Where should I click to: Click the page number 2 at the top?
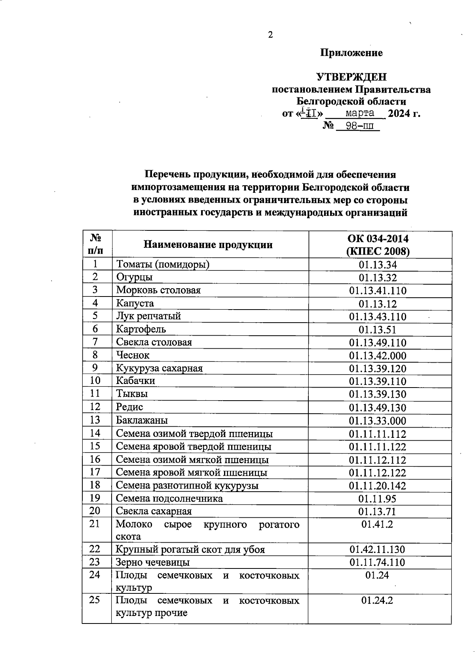(270, 35)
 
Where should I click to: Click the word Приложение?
(351, 53)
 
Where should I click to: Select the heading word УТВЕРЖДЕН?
(351, 77)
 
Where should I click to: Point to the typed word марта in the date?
(360, 113)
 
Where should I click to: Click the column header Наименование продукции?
(208, 245)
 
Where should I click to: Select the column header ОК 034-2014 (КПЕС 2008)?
(378, 245)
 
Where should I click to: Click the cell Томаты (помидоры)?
(163, 264)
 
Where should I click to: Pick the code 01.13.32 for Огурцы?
(378, 278)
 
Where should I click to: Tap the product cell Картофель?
(141, 329)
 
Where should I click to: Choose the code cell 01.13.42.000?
(378, 355)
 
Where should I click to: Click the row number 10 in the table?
(95, 380)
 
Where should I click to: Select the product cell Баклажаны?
(142, 420)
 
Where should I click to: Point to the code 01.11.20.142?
(378, 485)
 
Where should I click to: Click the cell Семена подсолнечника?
(169, 498)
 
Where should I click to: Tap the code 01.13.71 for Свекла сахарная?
(378, 511)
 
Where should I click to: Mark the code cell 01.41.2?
(378, 525)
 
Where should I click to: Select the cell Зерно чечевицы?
(152, 562)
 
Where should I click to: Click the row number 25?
(95, 600)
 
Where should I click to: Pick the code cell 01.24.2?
(378, 601)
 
